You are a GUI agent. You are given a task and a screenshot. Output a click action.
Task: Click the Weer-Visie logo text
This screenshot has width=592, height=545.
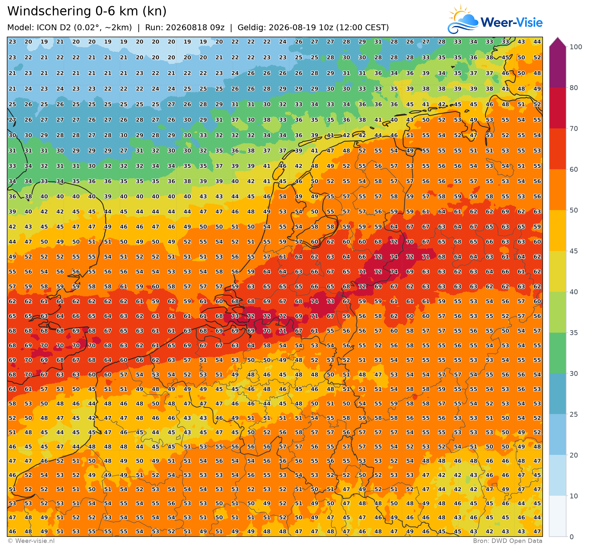click(x=512, y=22)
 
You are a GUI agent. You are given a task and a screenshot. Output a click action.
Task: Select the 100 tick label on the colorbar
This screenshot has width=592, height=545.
click(x=576, y=47)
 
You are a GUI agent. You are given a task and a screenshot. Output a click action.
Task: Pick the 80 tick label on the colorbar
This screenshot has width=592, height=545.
click(x=574, y=88)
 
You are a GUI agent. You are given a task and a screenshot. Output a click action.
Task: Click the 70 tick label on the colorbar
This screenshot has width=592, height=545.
click(x=574, y=129)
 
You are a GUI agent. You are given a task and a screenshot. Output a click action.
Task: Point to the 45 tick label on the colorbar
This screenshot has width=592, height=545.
click(x=574, y=251)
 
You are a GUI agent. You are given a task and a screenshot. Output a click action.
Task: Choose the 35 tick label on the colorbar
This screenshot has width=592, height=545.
click(x=574, y=333)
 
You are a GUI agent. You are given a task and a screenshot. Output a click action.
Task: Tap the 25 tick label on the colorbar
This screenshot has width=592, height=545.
click(x=574, y=415)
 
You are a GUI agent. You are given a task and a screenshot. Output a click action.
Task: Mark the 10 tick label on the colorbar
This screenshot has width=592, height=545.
click(x=574, y=496)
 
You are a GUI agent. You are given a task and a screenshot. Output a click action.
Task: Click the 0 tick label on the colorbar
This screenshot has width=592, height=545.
click(x=572, y=537)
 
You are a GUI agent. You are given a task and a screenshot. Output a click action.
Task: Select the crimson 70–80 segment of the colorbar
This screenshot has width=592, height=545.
click(x=558, y=108)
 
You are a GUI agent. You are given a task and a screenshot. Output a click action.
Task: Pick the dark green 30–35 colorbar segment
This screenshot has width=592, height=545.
click(x=558, y=353)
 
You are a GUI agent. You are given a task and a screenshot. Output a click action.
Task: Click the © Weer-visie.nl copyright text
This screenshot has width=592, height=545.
click(x=31, y=541)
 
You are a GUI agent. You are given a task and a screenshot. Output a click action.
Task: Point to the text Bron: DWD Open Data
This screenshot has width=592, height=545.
click(x=508, y=541)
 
